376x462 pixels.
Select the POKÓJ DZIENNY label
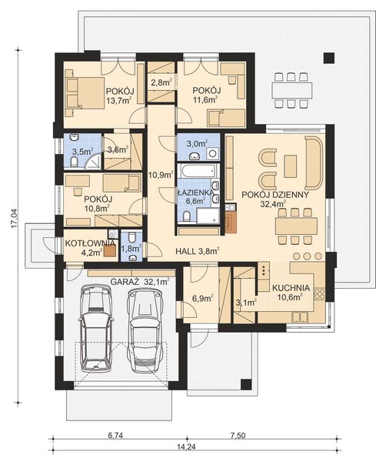click(275, 194)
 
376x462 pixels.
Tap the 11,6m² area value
click(205, 99)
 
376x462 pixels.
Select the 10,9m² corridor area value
click(161, 175)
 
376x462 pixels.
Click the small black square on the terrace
click(329, 57)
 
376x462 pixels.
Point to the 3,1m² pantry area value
click(245, 303)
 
